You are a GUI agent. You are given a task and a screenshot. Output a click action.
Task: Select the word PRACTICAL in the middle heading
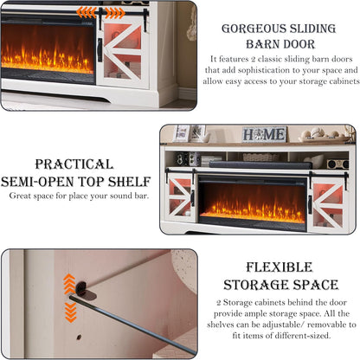74,164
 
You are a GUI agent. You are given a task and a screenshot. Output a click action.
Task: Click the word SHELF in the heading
129,182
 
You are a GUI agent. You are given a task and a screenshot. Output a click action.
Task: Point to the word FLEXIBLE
280,267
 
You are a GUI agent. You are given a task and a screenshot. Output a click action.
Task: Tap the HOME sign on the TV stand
264,134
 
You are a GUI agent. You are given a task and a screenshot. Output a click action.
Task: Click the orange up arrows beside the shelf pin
69,284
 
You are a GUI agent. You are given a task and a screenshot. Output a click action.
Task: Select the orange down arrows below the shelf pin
71,312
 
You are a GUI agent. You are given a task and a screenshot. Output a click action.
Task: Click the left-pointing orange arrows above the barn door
87,13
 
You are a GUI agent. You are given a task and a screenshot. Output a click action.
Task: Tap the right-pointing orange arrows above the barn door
115,13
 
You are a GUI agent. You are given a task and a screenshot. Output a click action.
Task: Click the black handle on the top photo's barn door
100,50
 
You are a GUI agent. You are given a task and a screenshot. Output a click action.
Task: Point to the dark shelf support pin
81,288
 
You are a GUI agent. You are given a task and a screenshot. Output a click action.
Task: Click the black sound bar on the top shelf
260,165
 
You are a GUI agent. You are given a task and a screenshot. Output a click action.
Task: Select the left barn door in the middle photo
180,197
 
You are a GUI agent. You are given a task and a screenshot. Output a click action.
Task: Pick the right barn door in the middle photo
328,202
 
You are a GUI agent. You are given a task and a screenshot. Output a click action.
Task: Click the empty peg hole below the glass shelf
79,337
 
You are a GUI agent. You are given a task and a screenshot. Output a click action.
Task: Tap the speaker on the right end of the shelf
337,164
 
